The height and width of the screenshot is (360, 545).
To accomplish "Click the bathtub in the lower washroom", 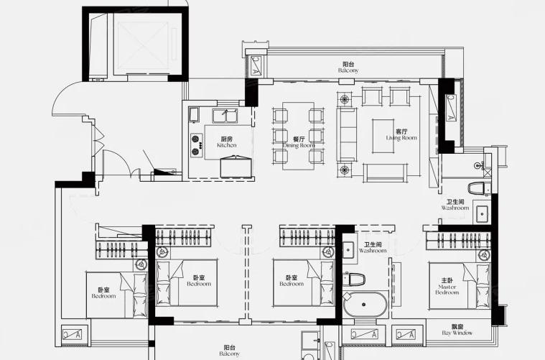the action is [365, 305].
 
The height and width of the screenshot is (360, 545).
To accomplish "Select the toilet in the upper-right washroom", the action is [479, 188].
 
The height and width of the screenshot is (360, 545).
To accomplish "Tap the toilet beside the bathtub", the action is [354, 279].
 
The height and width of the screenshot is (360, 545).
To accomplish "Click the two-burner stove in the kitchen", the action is [196, 145].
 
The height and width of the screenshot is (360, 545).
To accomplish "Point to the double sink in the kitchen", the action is [225, 116].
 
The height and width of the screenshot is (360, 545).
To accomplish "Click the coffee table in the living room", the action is [383, 137].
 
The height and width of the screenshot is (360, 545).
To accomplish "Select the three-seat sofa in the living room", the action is [347, 134].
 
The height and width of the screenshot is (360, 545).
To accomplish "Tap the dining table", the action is [298, 136].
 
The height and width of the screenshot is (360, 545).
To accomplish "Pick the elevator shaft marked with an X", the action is [142, 45].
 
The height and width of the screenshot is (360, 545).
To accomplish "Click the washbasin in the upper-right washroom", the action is [482, 214].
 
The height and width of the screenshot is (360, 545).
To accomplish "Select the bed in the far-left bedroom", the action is [116, 295].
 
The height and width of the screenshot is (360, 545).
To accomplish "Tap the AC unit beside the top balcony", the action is [256, 65].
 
